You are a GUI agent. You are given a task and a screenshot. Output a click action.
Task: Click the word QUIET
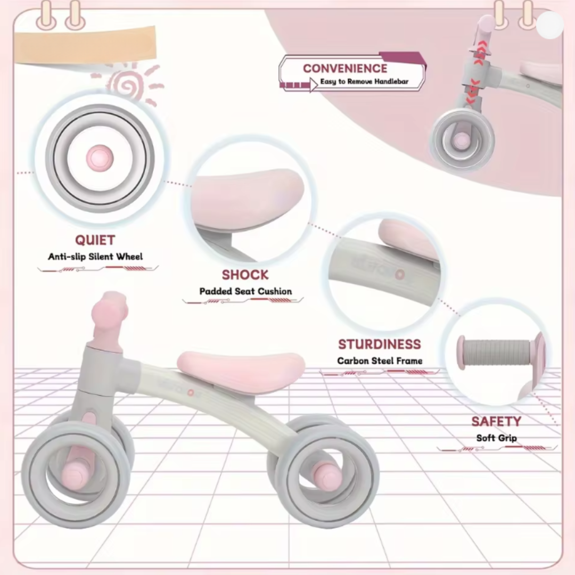(x=95, y=240)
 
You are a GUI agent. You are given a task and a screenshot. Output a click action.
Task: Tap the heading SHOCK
(x=245, y=275)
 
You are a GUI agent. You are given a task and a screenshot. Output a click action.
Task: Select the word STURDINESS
(x=380, y=344)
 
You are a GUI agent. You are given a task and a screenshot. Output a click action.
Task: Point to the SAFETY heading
(x=496, y=422)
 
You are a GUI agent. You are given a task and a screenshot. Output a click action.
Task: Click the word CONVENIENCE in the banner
(x=345, y=69)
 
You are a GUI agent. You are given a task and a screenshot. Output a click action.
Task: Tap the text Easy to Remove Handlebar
(x=364, y=81)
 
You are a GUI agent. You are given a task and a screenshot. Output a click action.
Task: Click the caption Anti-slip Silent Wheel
(x=95, y=257)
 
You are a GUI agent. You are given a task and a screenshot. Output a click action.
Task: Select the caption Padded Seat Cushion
(x=245, y=292)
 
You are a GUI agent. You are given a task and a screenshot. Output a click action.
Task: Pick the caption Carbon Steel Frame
(x=380, y=361)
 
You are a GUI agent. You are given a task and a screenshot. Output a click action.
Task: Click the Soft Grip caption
(x=497, y=438)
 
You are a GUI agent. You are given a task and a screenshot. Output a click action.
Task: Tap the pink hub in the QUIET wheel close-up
(x=100, y=158)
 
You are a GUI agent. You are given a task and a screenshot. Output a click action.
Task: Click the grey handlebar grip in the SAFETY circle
(x=495, y=352)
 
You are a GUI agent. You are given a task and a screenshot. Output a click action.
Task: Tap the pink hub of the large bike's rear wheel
(x=327, y=475)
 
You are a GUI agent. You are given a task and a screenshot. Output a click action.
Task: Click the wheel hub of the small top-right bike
(x=461, y=141)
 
